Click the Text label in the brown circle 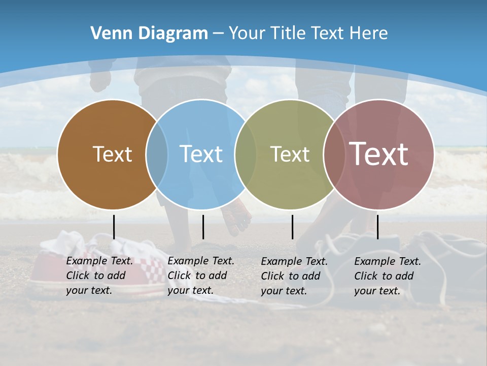(x=112, y=154)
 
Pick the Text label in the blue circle (x=201, y=154)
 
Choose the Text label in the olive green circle (x=290, y=154)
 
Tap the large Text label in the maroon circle (x=379, y=154)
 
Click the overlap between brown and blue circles (x=157, y=155)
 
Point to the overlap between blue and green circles (x=246, y=155)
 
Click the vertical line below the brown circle (x=114, y=227)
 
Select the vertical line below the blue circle (x=203, y=227)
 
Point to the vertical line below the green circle (x=292, y=227)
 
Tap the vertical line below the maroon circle (x=377, y=227)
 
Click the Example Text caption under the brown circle (x=99, y=276)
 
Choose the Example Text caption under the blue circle (x=201, y=276)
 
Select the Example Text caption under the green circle (x=294, y=276)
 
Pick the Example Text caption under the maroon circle (x=388, y=276)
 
